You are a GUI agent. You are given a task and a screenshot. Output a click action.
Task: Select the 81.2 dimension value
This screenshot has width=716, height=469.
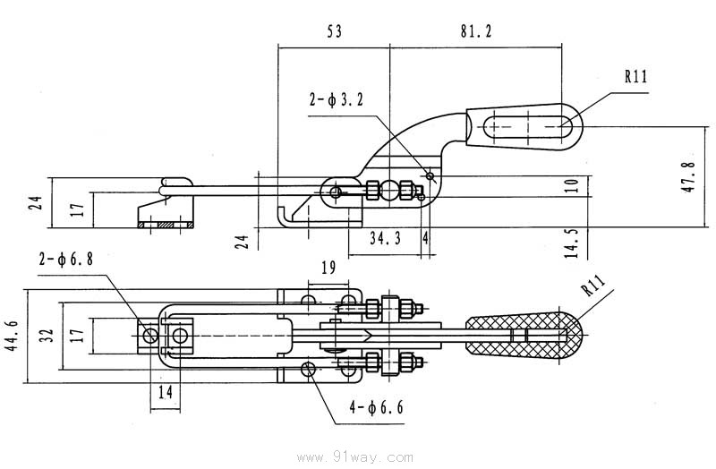pos(476,31)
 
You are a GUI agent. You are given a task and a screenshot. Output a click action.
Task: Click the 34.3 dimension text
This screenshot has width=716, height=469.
pos(386,238)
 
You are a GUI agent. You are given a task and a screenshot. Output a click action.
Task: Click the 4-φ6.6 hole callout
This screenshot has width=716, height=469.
pos(376,409)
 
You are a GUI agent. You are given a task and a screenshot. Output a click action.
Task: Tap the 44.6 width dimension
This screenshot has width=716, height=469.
pos(12,336)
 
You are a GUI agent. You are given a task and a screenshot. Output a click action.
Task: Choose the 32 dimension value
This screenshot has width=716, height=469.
pos(47,336)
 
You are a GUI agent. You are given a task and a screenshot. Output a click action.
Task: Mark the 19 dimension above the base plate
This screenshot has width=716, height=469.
pos(327,266)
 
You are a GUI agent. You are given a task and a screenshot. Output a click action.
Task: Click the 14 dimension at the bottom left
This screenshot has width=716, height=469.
pos(165,392)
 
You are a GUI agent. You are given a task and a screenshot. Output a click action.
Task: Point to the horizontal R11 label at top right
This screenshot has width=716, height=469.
pos(635,76)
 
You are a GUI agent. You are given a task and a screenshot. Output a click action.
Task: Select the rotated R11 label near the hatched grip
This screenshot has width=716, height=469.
pos(592,287)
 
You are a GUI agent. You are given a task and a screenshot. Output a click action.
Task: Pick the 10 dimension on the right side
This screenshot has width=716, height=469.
pos(573,185)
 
